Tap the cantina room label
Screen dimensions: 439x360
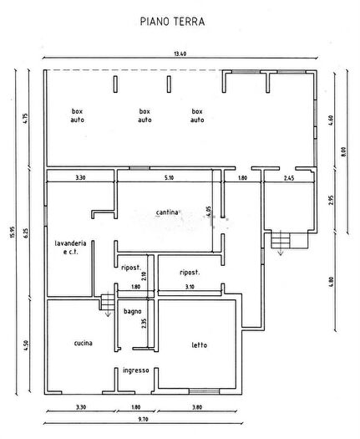(x=167, y=212)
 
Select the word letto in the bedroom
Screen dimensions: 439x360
(x=199, y=345)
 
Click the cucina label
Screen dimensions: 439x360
(x=82, y=344)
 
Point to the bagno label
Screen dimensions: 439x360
(x=133, y=312)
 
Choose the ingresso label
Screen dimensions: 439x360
(x=135, y=370)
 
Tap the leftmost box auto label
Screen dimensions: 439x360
(x=79, y=115)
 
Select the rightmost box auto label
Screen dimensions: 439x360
(x=197, y=115)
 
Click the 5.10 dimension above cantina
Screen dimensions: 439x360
(x=170, y=177)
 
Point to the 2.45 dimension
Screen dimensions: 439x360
(x=289, y=177)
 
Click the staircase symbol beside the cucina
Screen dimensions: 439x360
(x=106, y=302)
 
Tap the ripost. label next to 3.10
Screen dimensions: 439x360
(x=190, y=273)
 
